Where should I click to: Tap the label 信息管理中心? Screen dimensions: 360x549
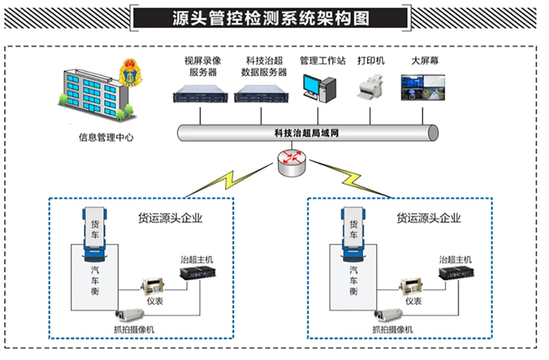(106, 138)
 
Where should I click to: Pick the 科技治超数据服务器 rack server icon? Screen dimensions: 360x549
(261, 97)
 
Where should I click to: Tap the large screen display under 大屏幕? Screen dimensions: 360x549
(423, 88)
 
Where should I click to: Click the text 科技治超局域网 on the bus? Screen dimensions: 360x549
(307, 132)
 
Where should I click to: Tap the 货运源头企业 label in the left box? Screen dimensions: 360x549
(170, 218)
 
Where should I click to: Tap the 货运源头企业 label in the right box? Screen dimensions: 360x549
(429, 218)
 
